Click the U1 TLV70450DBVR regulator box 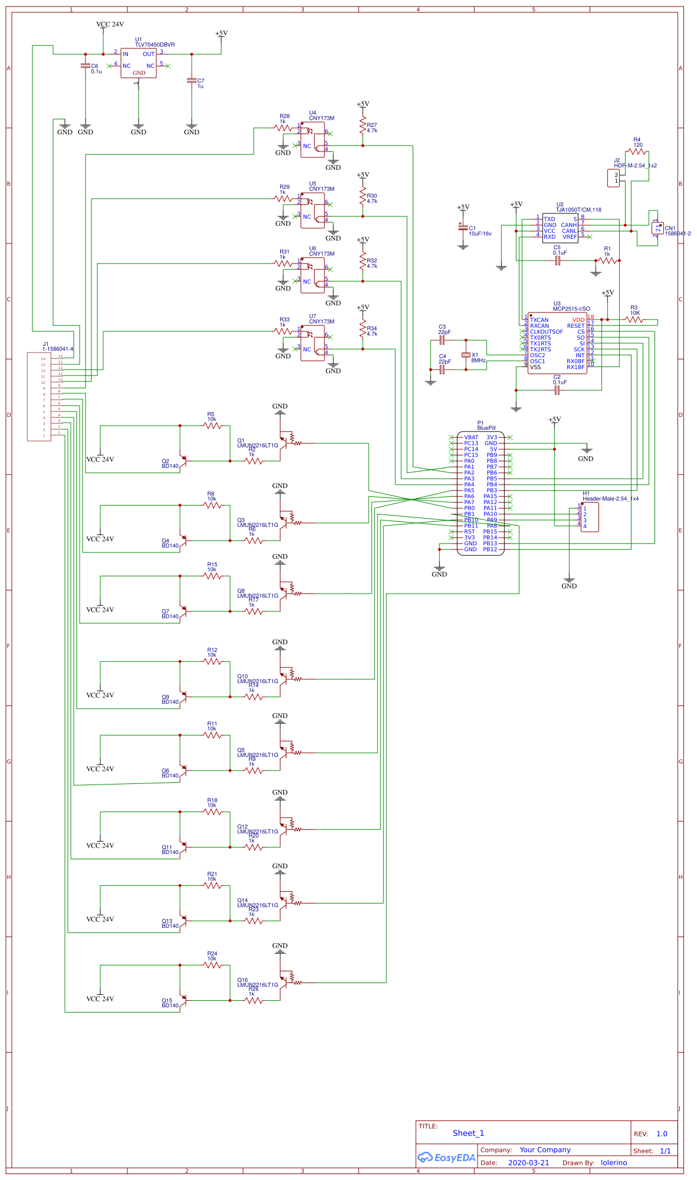[x=139, y=63]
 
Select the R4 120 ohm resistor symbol [x=637, y=152]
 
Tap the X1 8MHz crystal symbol [x=466, y=355]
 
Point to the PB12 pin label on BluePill [x=490, y=549]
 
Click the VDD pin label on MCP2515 [x=578, y=320]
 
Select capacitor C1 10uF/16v [x=463, y=228]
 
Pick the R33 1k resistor [x=283, y=331]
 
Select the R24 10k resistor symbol [x=212, y=965]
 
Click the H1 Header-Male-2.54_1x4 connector [x=589, y=517]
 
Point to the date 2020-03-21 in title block [x=528, y=1163]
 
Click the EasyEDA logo [x=446, y=1158]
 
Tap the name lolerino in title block [x=614, y=1163]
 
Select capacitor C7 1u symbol [x=192, y=81]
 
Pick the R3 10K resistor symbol [x=634, y=319]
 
